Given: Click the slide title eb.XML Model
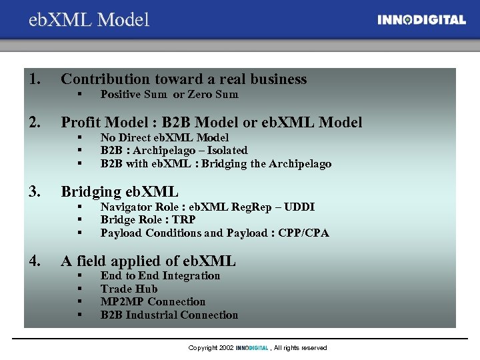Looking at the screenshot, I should [x=89, y=20].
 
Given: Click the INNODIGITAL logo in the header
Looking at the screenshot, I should [x=421, y=20].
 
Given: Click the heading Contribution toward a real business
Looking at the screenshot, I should [x=183, y=79].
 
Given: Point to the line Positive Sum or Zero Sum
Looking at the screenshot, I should [x=169, y=95].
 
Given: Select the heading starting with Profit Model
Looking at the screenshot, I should [x=211, y=122].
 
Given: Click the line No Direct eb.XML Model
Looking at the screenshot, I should [x=164, y=138].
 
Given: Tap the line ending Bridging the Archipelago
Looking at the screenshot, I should [x=215, y=164].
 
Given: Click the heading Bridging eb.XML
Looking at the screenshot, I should [x=119, y=192].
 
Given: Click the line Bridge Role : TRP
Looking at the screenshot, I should [x=148, y=220].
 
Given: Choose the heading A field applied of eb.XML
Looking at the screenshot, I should [x=148, y=261].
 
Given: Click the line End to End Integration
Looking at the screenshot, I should [x=160, y=276].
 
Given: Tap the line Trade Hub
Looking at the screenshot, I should [x=129, y=289].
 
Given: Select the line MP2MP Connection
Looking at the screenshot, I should [x=153, y=302].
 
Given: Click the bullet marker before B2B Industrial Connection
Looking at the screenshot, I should [x=79, y=315].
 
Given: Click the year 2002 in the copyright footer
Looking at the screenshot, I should [x=226, y=348].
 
